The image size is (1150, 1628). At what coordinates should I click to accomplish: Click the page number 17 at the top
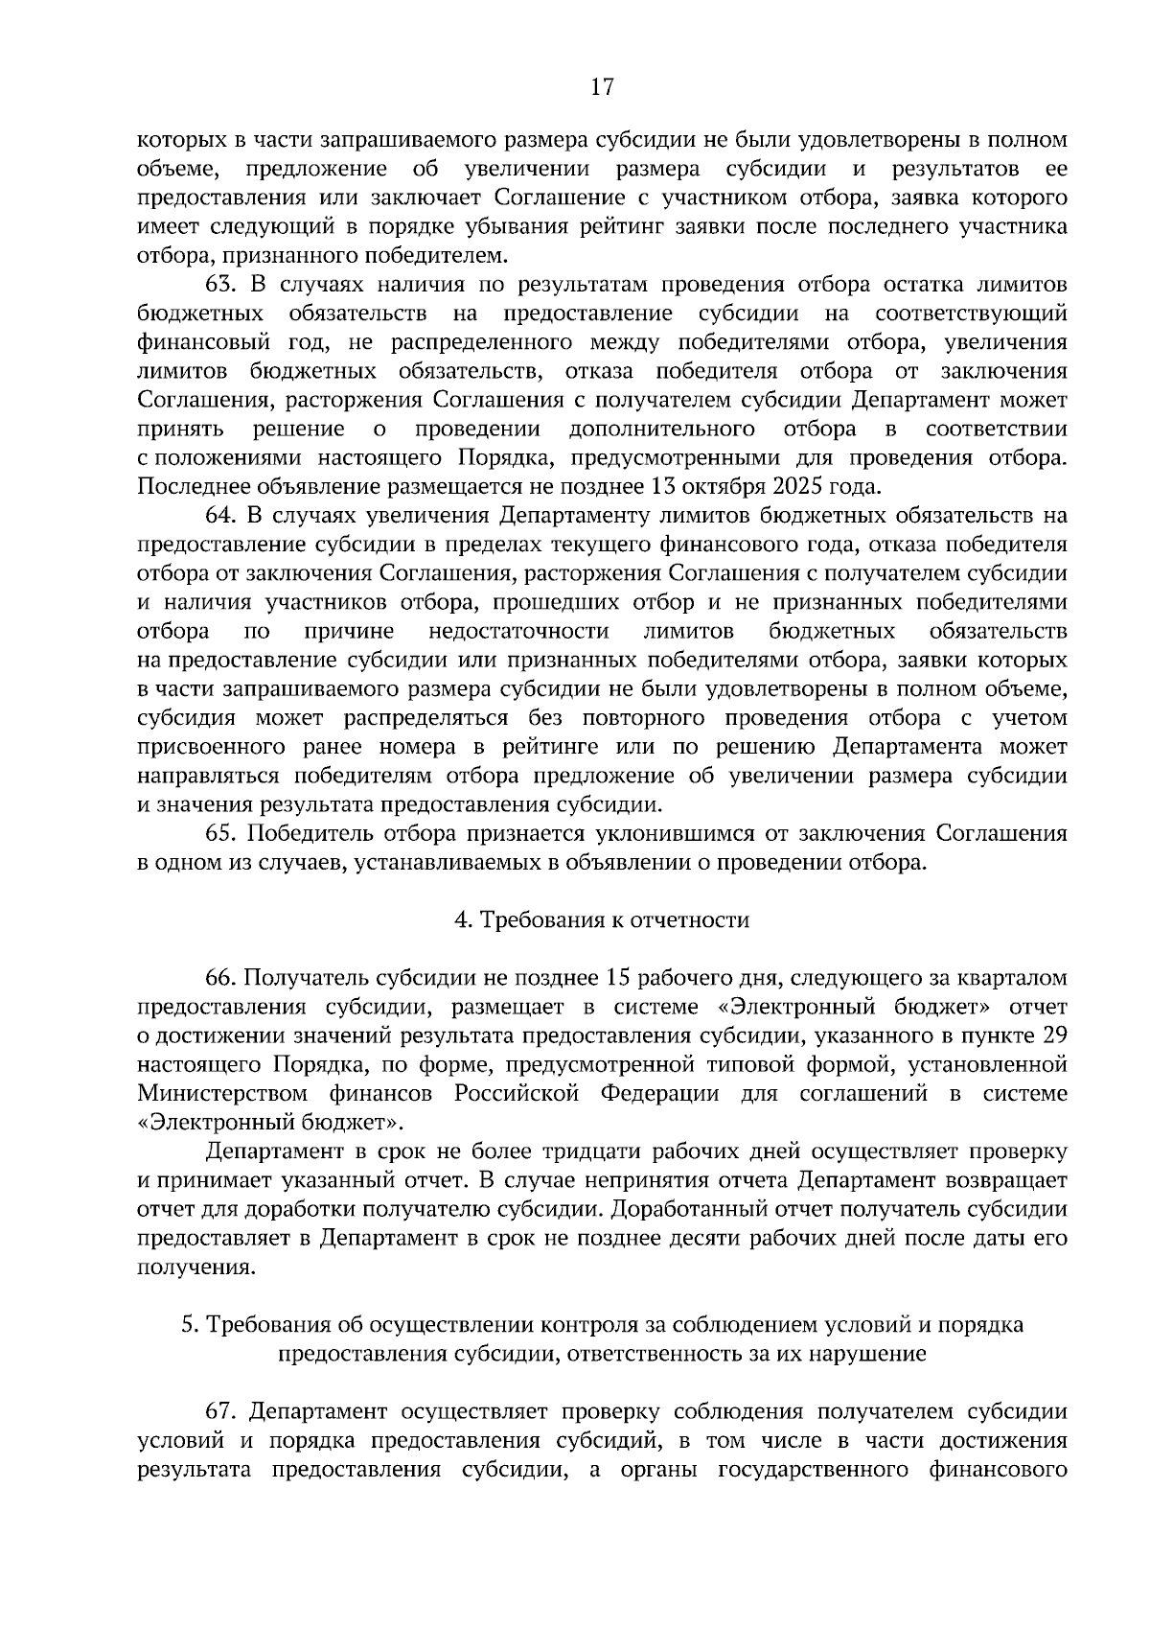click(x=602, y=87)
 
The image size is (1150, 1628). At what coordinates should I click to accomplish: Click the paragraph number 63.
click(x=220, y=285)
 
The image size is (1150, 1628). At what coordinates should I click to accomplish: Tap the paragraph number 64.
click(x=220, y=516)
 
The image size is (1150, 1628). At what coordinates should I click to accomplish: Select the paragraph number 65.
click(x=220, y=833)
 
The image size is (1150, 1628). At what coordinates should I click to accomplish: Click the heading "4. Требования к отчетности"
click(x=602, y=920)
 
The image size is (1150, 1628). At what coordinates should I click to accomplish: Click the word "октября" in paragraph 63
click(x=717, y=487)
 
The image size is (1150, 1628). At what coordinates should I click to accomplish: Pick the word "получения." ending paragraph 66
click(x=197, y=1268)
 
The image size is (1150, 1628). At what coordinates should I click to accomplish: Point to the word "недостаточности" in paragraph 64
click(x=519, y=631)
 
